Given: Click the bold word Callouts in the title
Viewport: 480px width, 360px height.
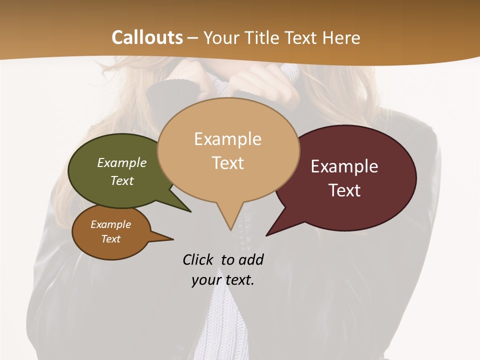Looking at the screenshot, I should click(x=147, y=37).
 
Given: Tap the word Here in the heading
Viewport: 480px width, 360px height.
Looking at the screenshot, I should click(x=339, y=37).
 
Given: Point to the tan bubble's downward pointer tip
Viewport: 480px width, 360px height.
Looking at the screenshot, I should click(x=230, y=229).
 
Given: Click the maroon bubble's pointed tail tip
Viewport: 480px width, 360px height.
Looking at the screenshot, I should click(x=266, y=235).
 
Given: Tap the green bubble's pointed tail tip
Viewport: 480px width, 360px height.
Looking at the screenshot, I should click(x=190, y=211).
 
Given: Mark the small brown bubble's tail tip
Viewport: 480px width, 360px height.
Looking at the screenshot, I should click(x=173, y=239).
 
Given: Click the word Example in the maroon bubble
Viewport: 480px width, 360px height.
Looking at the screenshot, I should click(x=344, y=166).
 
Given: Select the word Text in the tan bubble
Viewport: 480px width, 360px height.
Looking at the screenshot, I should click(x=228, y=163).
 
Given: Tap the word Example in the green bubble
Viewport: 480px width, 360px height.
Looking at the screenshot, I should click(x=122, y=162).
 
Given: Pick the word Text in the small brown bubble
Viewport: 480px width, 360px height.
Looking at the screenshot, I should click(x=111, y=239).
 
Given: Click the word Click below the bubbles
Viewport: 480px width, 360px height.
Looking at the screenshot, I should click(x=197, y=259).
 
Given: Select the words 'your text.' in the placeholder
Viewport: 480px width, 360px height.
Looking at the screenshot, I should click(x=223, y=280).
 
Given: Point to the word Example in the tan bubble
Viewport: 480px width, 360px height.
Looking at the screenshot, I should click(x=227, y=139).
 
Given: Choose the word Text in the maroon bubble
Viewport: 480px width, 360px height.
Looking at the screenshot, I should click(x=344, y=190).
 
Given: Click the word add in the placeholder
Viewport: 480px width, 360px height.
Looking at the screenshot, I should click(x=250, y=259).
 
